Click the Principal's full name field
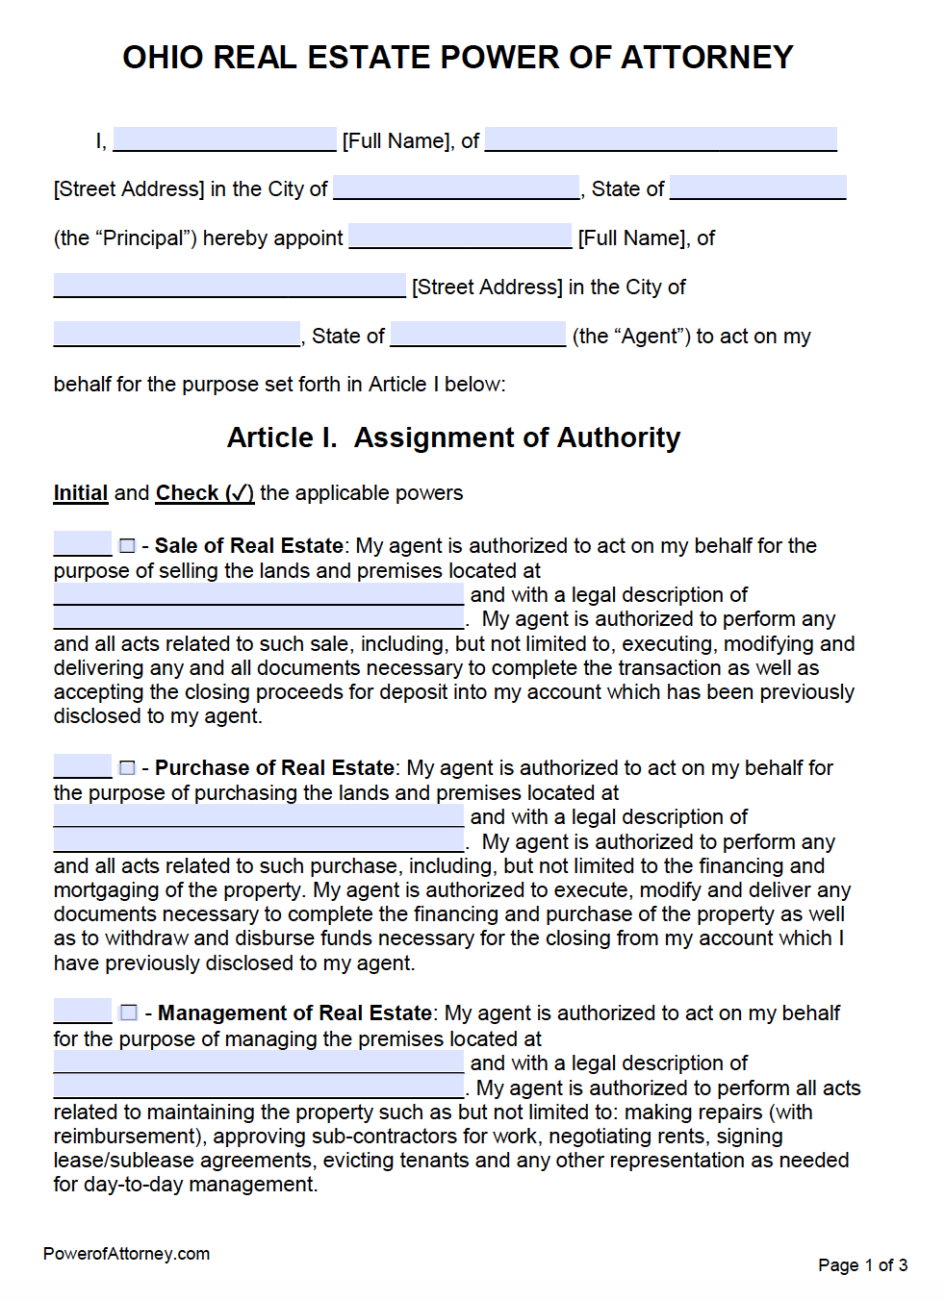224,139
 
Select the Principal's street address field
660,139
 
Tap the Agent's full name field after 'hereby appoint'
460,237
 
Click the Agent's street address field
229,286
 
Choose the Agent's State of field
478,335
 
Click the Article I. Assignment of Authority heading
453,438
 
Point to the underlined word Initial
80,493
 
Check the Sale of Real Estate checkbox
127,546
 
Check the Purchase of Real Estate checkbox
127,768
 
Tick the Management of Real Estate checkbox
128,1013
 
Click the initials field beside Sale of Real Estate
83,545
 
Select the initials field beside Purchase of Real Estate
83,767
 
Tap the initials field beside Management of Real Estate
83,1012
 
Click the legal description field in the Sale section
259,618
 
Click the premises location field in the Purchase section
259,816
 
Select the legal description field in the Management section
259,1087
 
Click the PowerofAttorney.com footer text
126,1254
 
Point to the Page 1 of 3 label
862,1265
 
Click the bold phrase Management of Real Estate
294,1013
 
